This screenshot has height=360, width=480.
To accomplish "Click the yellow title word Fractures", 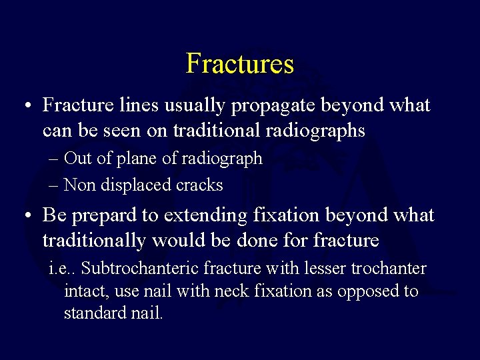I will pos(240,63).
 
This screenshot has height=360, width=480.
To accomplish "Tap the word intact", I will pos(85,291).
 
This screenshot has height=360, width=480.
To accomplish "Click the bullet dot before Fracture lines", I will pos(25,107).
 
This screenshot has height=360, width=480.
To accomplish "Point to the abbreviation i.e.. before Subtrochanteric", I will pos(62,269).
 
